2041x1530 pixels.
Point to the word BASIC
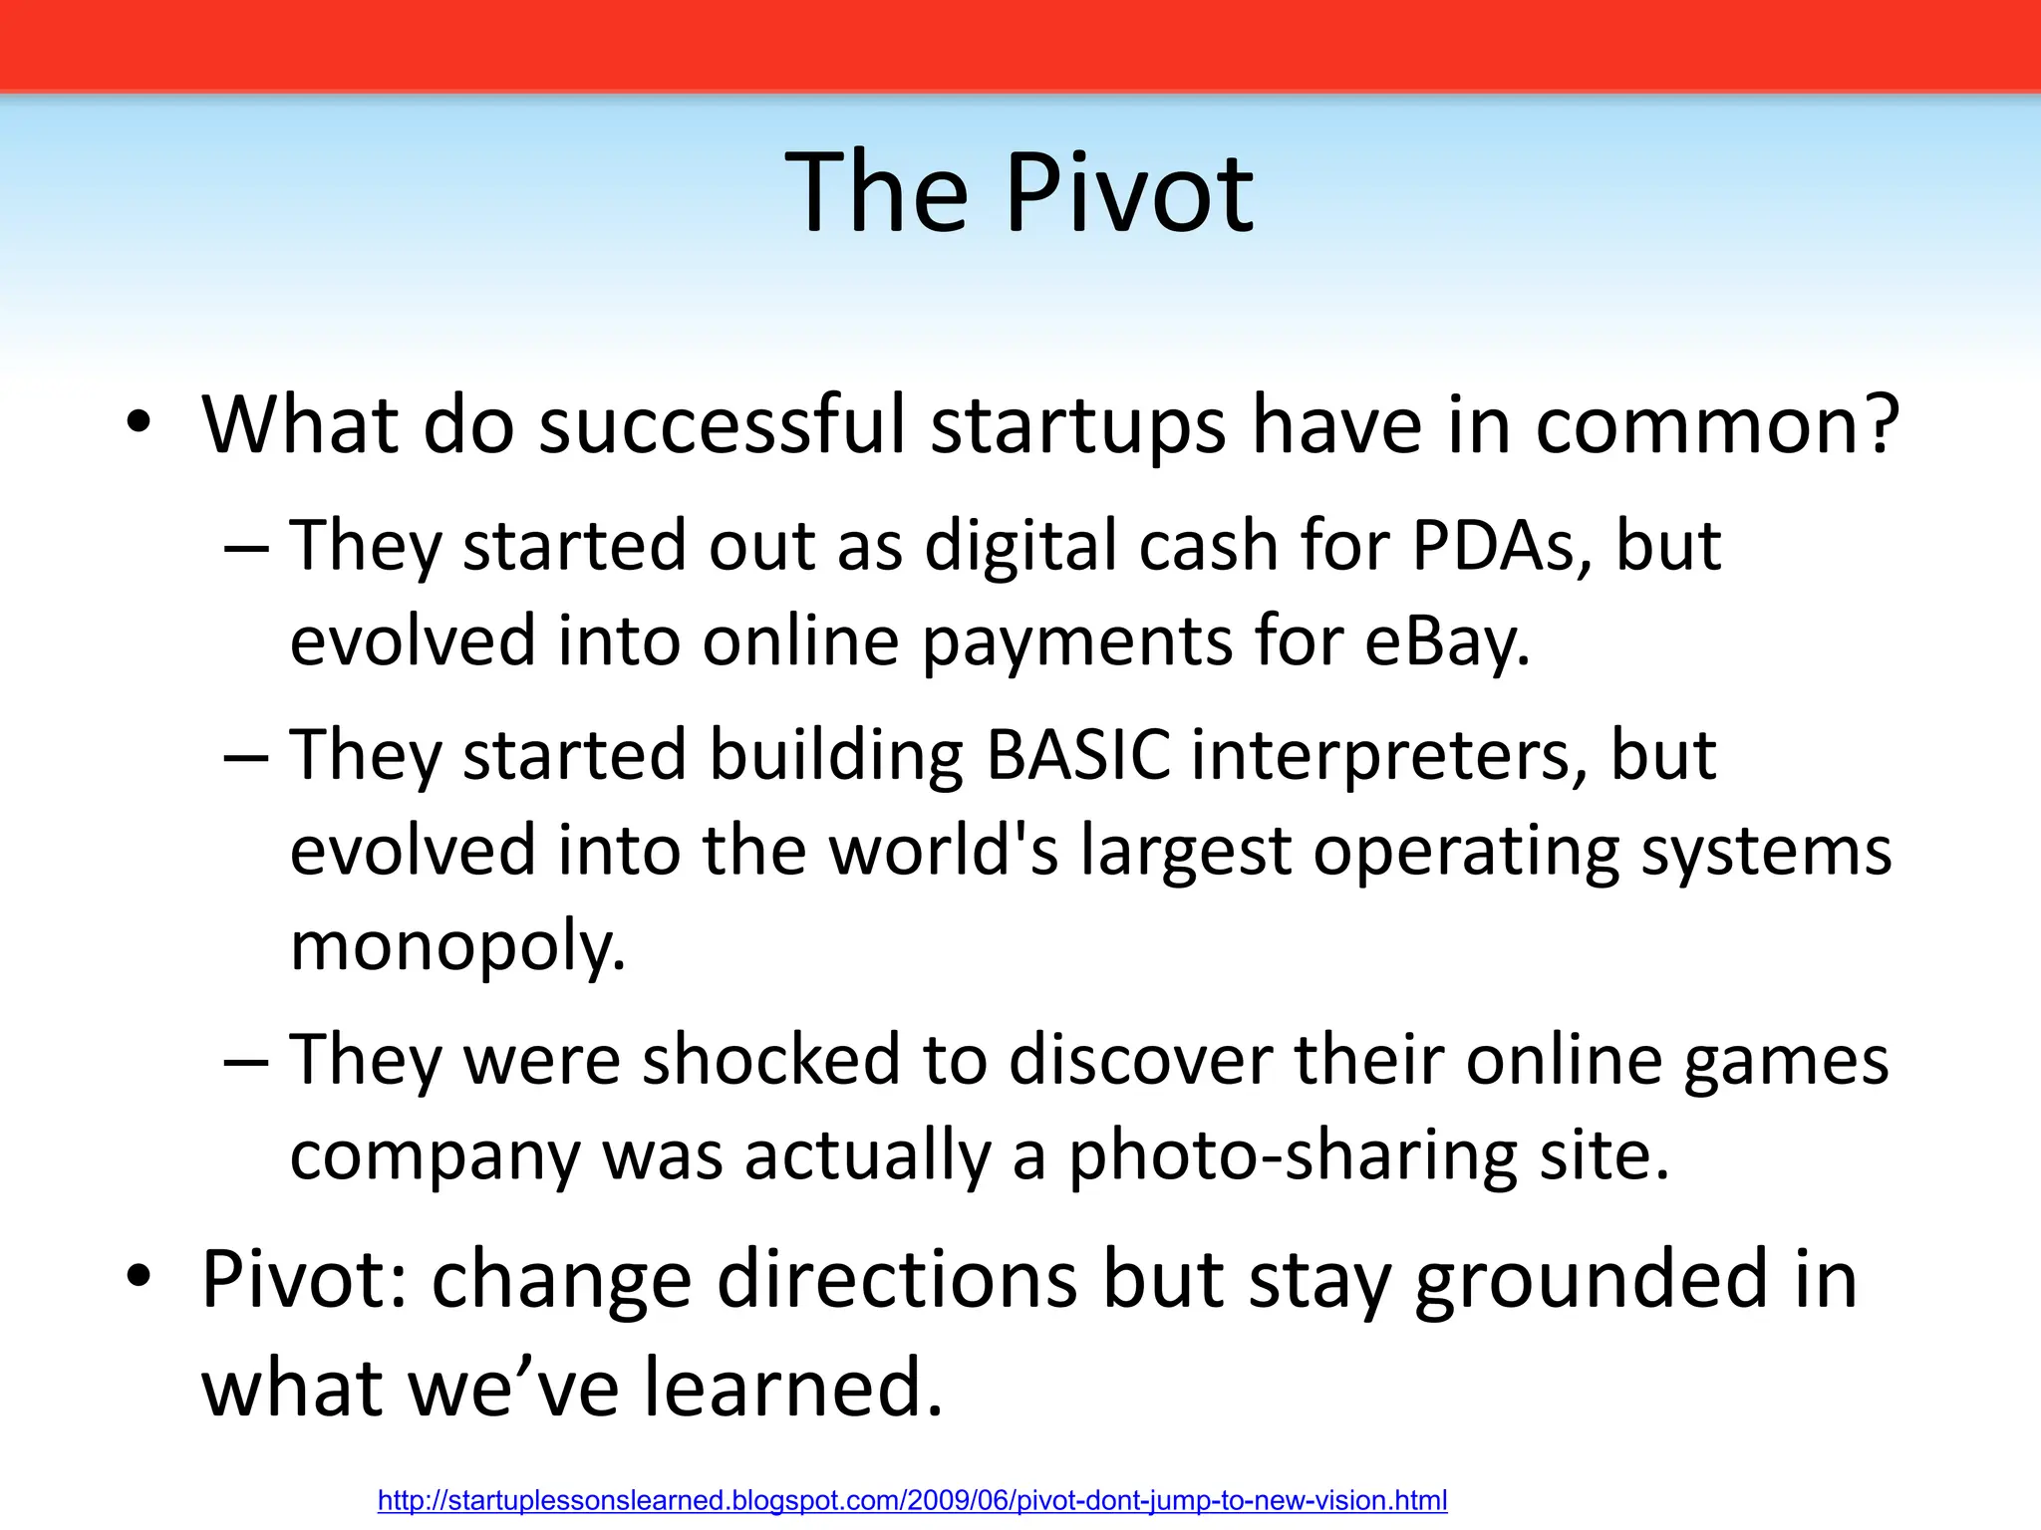tap(1077, 754)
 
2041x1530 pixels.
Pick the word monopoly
tap(457, 945)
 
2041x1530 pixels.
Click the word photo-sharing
tap(1293, 1155)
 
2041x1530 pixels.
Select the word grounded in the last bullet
tap(1591, 1279)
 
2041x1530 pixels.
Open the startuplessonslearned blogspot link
tap(912, 1500)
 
